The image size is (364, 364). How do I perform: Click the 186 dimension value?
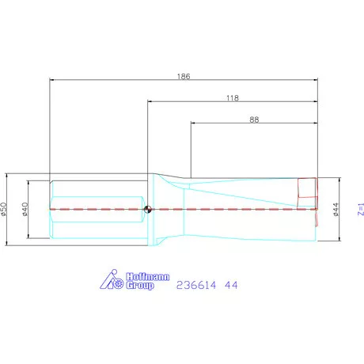point(183,76)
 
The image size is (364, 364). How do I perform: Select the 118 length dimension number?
point(232,98)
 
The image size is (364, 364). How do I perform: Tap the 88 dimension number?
point(254,119)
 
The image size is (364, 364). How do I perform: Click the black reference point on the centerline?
point(148,210)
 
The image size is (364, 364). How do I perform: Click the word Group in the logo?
point(140,286)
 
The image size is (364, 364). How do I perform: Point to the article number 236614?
point(196,283)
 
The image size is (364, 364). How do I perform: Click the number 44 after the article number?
point(231,283)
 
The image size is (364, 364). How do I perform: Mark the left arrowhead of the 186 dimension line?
point(52,80)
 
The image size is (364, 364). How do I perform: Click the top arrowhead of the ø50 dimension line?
point(8,176)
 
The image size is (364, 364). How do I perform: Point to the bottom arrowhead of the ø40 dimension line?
point(29,237)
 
